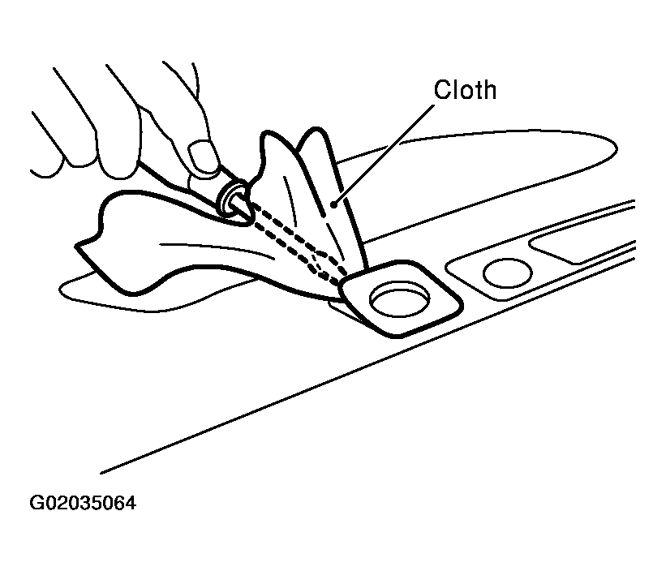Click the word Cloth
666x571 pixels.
[465, 89]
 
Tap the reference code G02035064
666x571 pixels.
[83, 503]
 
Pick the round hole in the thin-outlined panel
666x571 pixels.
[508, 273]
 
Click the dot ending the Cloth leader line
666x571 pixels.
[334, 205]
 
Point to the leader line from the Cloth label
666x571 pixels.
[385, 155]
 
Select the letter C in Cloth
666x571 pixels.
[443, 90]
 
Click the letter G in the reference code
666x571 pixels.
[37, 503]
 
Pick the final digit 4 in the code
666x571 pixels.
[131, 503]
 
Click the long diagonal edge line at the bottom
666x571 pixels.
[367, 365]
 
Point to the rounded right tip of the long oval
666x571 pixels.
[617, 148]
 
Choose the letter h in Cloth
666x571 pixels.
[489, 90]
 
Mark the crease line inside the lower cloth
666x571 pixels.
[217, 250]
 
